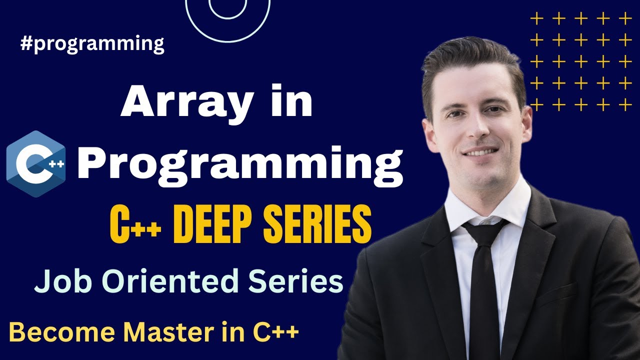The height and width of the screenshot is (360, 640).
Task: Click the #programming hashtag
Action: pyautogui.click(x=92, y=44)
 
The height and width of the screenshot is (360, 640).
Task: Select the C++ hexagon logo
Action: pyautogui.click(x=36, y=163)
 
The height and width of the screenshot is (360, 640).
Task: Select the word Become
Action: pyautogui.click(x=55, y=332)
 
